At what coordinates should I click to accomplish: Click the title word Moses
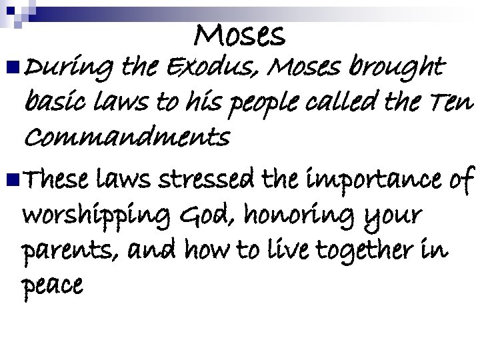tap(241, 34)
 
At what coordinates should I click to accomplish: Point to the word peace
tap(53, 287)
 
